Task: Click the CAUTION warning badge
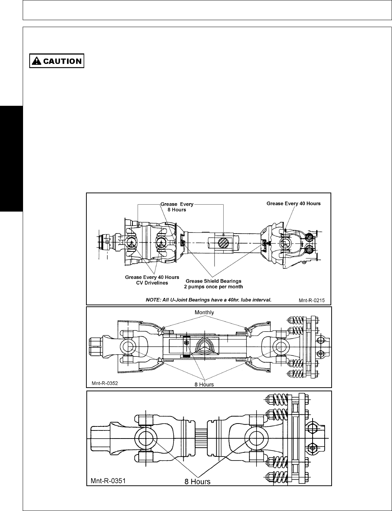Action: (x=57, y=61)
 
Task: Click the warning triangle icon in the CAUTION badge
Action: (x=37, y=61)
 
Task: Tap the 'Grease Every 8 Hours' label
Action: (x=177, y=207)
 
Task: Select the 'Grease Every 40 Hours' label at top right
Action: (x=294, y=204)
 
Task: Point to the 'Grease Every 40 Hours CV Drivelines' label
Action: (x=152, y=280)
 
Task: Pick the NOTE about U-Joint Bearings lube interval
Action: (x=209, y=299)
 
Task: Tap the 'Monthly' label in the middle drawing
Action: (x=204, y=312)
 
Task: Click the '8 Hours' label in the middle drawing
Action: (x=204, y=384)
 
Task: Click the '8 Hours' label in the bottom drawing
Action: (x=197, y=481)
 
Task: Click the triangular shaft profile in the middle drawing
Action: (x=204, y=346)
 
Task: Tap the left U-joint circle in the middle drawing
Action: (x=127, y=346)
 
